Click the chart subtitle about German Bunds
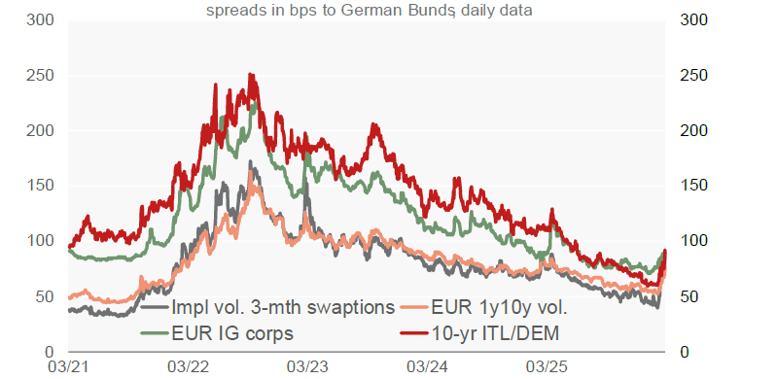[x=370, y=10]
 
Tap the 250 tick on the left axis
[x=39, y=77]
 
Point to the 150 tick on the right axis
[x=695, y=187]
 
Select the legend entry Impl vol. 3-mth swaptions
[x=282, y=308]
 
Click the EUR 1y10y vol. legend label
[x=499, y=308]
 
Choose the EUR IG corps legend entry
[x=232, y=333]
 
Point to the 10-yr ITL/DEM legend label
[x=495, y=333]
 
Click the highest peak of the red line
[x=250, y=74]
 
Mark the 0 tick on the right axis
[x=685, y=352]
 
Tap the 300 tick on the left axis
[x=39, y=20]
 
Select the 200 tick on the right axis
[x=695, y=131]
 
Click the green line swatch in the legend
[x=155, y=333]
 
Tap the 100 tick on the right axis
[x=695, y=242]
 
